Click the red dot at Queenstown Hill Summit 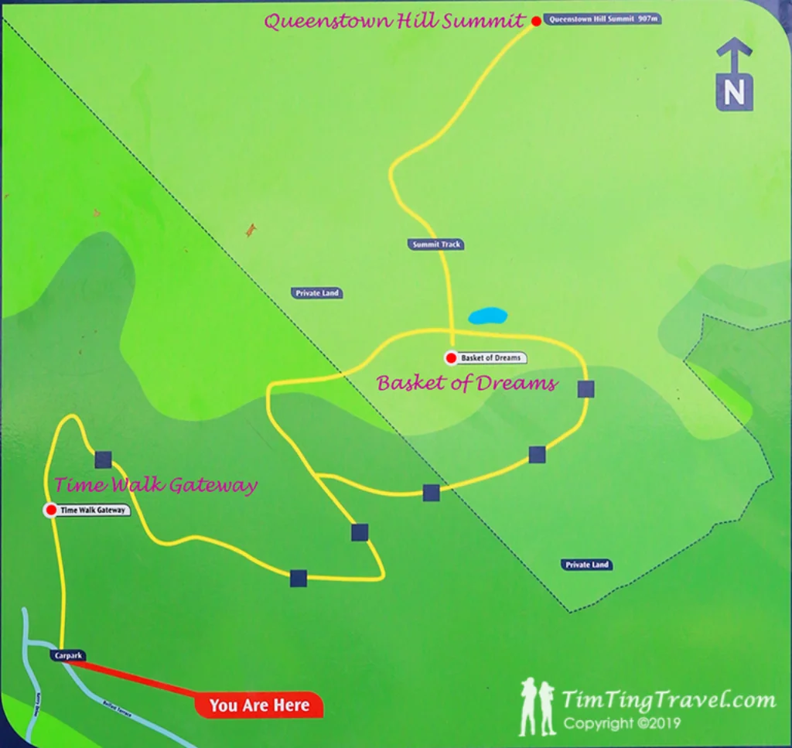click(x=536, y=21)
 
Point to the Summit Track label click(x=436, y=244)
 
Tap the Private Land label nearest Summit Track click(x=318, y=293)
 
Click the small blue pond click(x=488, y=316)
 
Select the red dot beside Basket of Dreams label click(x=450, y=357)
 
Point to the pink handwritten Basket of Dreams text click(x=466, y=383)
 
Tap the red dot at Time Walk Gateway click(x=51, y=510)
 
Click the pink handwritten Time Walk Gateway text click(x=155, y=486)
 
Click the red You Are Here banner click(x=259, y=705)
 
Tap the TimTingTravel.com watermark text click(x=668, y=701)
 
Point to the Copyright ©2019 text click(x=622, y=724)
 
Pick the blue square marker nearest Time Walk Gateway click(x=103, y=460)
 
